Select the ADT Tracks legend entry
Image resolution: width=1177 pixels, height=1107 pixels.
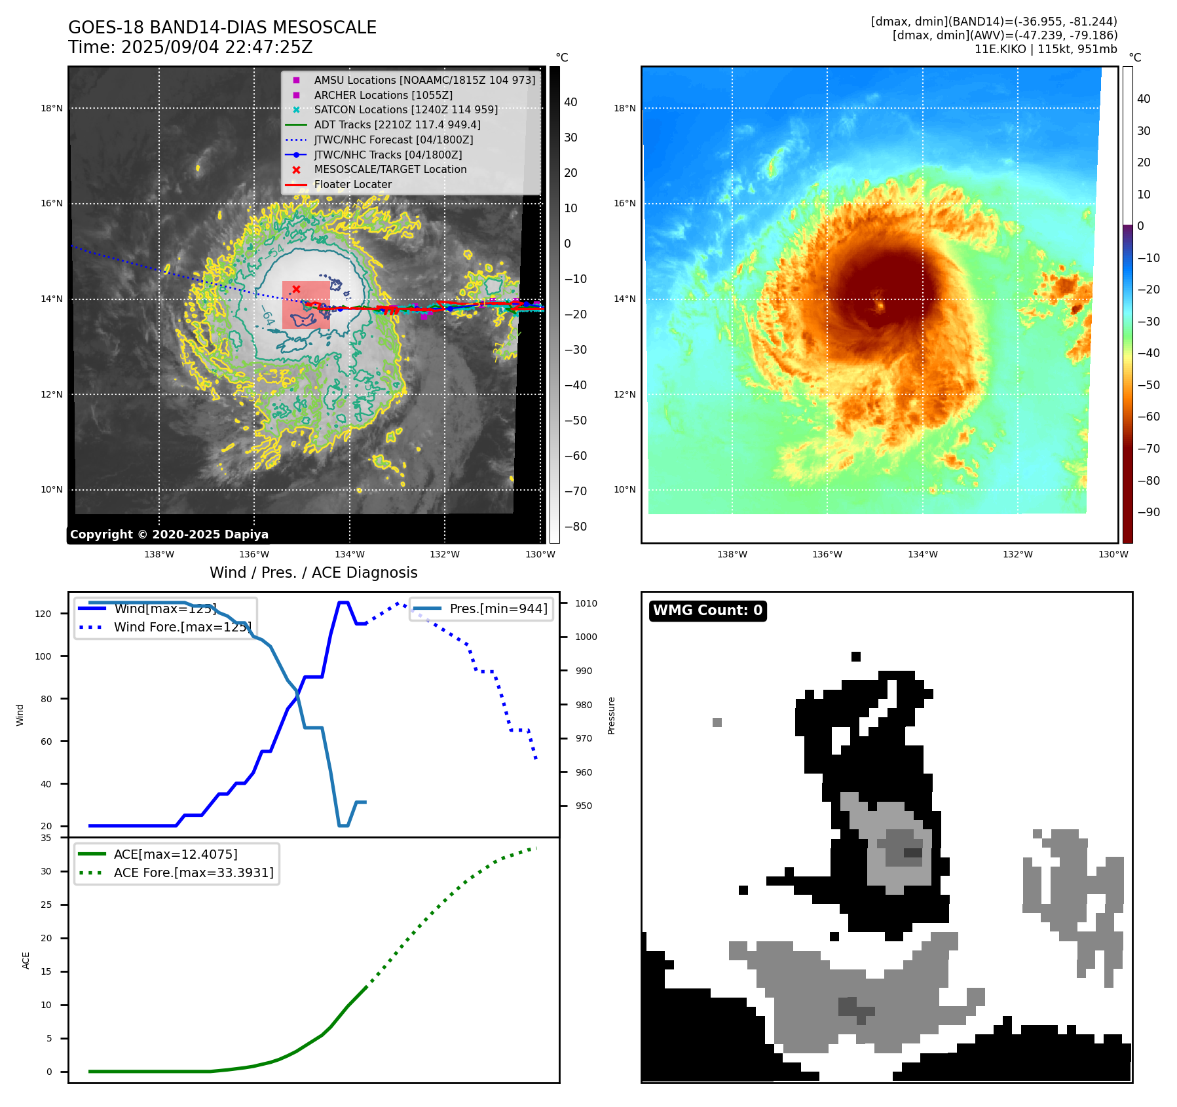[x=397, y=124]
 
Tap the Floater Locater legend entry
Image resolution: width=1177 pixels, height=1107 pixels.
[x=352, y=185]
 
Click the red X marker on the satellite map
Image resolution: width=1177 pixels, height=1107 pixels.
[x=296, y=289]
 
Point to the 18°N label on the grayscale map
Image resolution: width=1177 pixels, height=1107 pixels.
[x=52, y=108]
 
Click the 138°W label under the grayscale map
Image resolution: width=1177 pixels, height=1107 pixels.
[x=159, y=554]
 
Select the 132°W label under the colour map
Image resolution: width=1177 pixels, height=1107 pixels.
[x=1018, y=554]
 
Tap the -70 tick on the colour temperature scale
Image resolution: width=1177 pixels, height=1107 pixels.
[x=1148, y=449]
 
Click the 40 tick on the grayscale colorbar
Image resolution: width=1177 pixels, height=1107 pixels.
[x=570, y=102]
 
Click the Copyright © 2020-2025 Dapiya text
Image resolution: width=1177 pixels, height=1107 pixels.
[x=169, y=535]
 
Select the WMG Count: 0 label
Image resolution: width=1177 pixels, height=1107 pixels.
[x=707, y=610]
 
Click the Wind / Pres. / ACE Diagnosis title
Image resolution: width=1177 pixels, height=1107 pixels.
[x=313, y=572]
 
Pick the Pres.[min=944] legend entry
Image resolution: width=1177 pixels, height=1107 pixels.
[x=498, y=609]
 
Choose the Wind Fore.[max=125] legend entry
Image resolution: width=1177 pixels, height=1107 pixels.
[x=182, y=627]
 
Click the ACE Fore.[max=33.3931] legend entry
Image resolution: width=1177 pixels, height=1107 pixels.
[x=193, y=872]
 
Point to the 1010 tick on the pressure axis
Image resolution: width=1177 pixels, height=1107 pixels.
[x=586, y=603]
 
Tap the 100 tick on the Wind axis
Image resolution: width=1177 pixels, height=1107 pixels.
[x=43, y=656]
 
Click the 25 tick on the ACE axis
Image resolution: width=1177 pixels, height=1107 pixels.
[x=46, y=905]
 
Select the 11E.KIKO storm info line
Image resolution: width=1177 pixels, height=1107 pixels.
[x=1045, y=49]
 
